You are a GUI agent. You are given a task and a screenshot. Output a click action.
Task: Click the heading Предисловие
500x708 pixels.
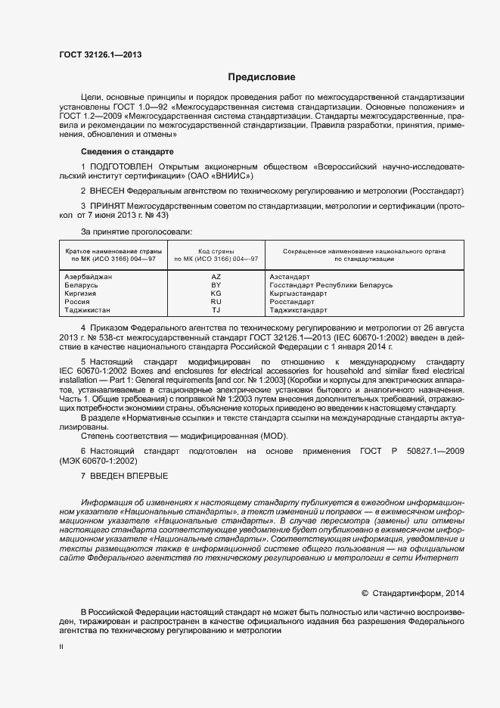[x=262, y=77]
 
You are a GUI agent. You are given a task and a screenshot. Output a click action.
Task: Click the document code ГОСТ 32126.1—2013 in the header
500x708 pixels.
[x=101, y=54]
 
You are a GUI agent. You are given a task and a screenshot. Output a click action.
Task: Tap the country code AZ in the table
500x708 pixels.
[x=216, y=278]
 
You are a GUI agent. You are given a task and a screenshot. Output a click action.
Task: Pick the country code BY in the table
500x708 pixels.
[x=216, y=286]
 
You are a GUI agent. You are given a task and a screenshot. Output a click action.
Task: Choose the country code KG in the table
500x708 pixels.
[x=216, y=293]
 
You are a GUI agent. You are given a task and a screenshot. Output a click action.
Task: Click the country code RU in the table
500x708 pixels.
[x=216, y=302]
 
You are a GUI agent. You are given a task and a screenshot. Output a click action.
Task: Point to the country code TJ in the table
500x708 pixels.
[x=216, y=310]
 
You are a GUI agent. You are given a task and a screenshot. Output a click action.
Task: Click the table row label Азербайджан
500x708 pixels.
[x=89, y=278]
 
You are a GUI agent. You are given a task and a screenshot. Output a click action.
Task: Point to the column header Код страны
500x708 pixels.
[x=216, y=250]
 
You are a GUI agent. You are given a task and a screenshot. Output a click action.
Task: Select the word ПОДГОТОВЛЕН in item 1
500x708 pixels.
[x=121, y=165]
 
